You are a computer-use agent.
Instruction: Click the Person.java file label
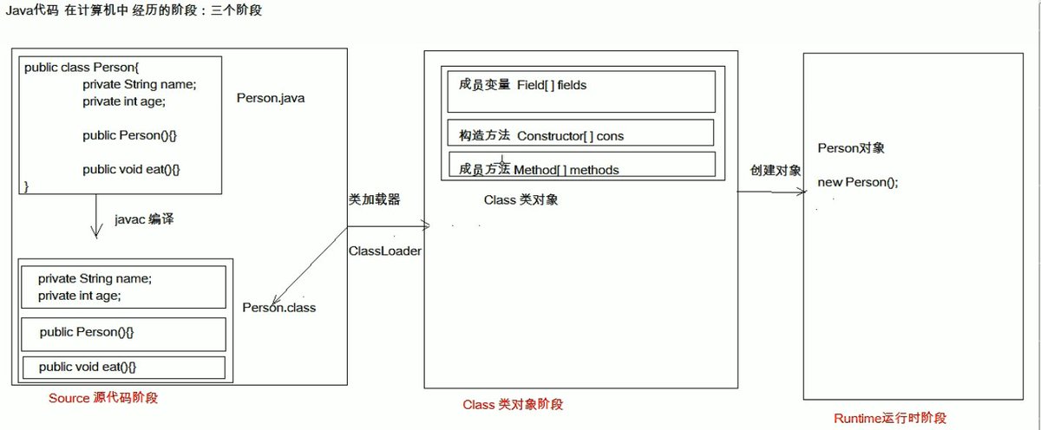pyautogui.click(x=271, y=98)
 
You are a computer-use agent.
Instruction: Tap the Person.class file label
pyautogui.click(x=278, y=308)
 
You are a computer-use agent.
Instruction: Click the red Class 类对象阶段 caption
pyautogui.click(x=513, y=405)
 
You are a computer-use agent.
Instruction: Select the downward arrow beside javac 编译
pyautogui.click(x=93, y=217)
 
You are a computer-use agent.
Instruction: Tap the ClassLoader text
pyautogui.click(x=384, y=251)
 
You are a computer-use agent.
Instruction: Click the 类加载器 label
pyautogui.click(x=374, y=199)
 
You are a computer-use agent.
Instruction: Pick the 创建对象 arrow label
pyautogui.click(x=776, y=170)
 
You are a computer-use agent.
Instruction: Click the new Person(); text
pyautogui.click(x=858, y=183)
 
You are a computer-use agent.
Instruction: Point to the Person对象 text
pyautogui.click(x=851, y=148)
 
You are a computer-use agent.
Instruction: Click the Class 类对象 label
pyautogui.click(x=520, y=200)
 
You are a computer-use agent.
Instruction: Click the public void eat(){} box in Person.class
pyautogui.click(x=122, y=368)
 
